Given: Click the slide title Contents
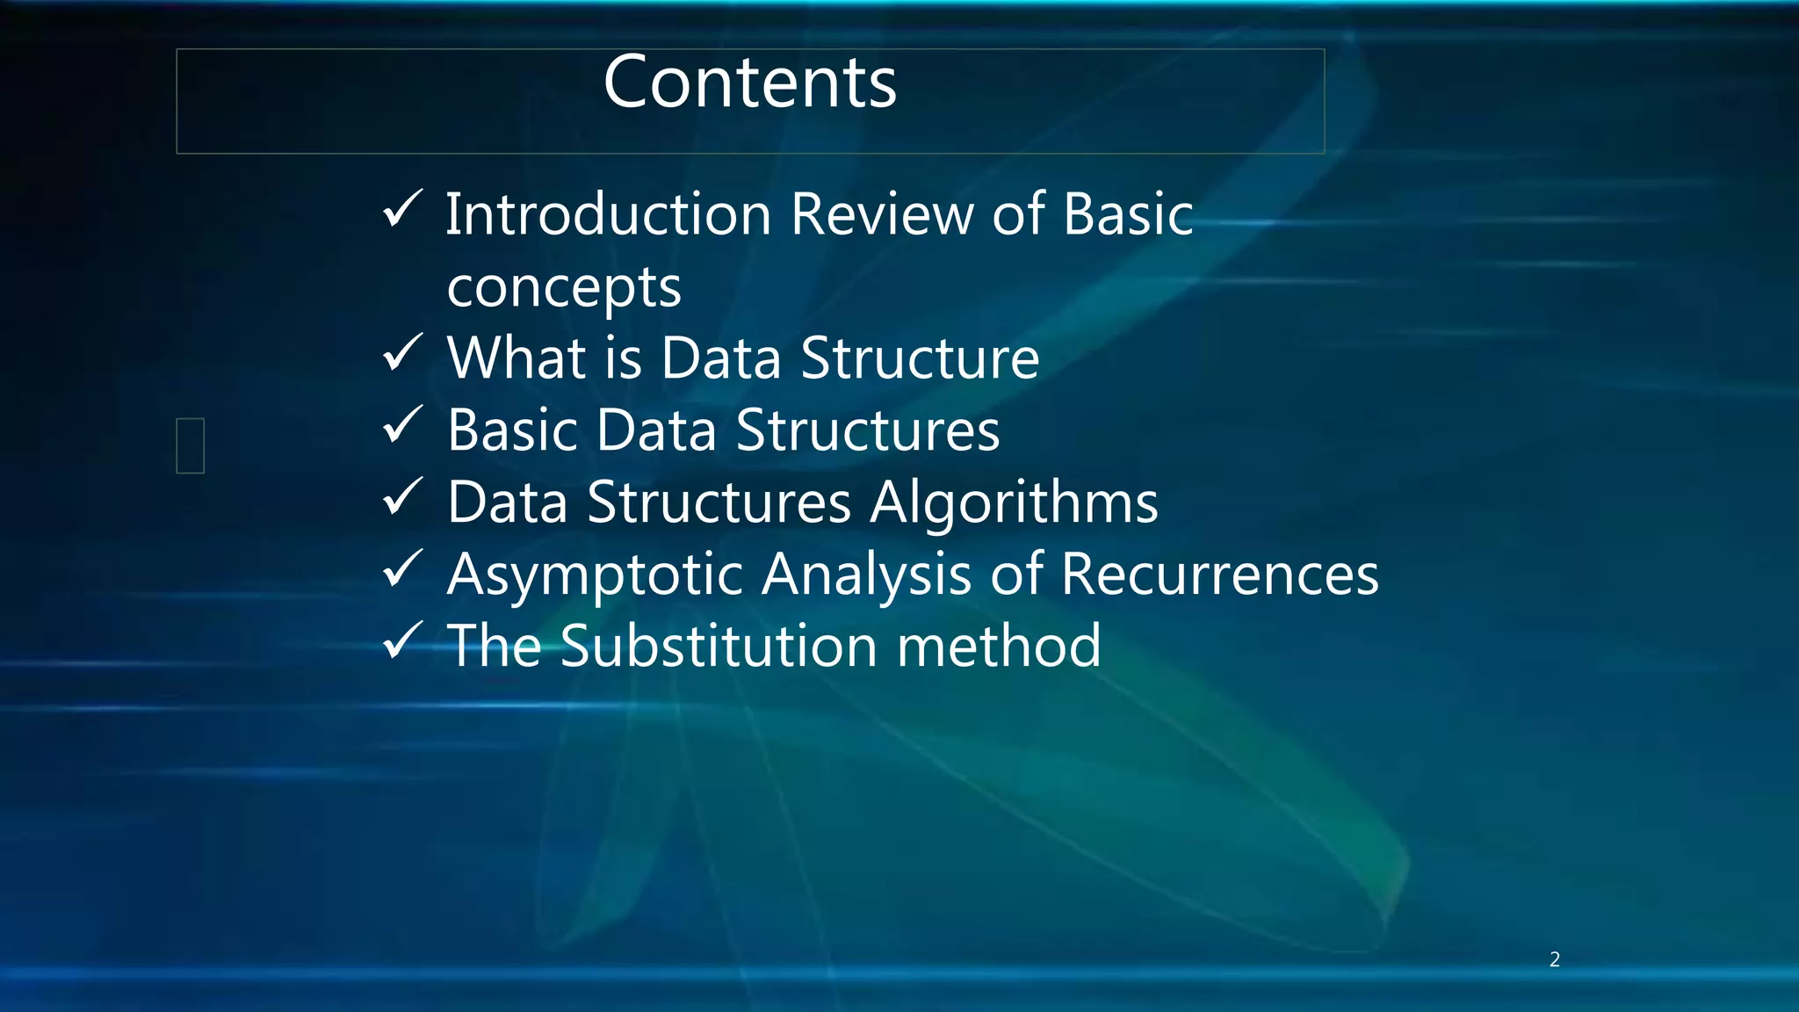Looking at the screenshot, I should pyautogui.click(x=749, y=83).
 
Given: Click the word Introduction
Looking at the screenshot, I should pyautogui.click(x=608, y=214).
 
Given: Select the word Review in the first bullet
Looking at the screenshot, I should pyautogui.click(x=881, y=214).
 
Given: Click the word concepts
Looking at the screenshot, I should pyautogui.click(x=563, y=288).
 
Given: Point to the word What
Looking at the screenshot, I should pyautogui.click(x=517, y=358).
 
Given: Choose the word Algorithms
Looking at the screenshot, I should pyautogui.click(x=1014, y=502).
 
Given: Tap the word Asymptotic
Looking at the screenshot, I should pyautogui.click(x=596, y=576).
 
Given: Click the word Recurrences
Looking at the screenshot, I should pyautogui.click(x=1219, y=575).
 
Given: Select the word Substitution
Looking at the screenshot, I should pyautogui.click(x=719, y=647).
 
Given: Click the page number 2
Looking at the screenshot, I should pyautogui.click(x=1554, y=959).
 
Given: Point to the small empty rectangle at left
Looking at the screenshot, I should pyautogui.click(x=191, y=445).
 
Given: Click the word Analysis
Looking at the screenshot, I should pyautogui.click(x=866, y=576).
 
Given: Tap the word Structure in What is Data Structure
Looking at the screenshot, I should pyautogui.click(x=920, y=358).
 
